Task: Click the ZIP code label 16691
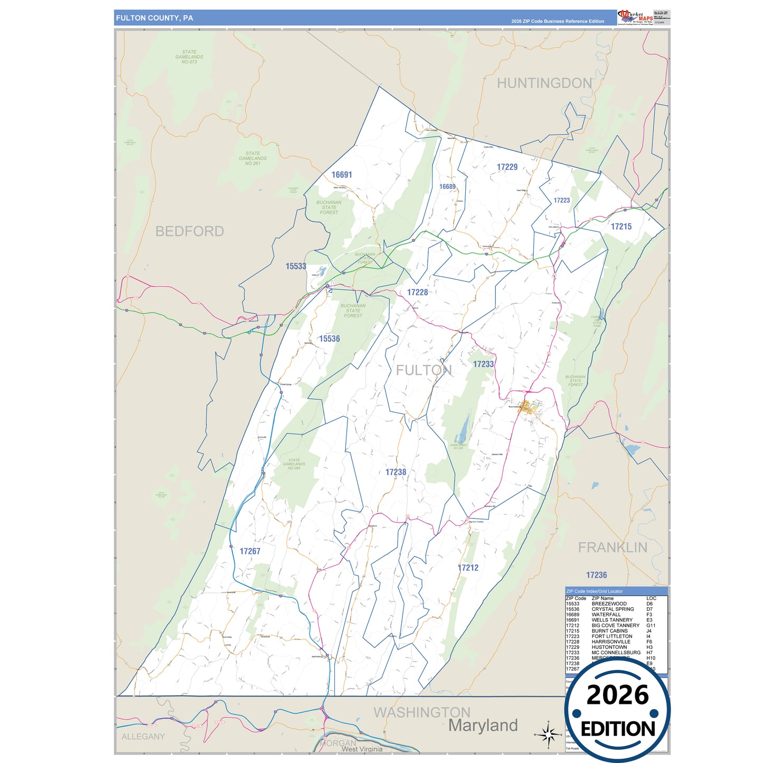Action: (342, 175)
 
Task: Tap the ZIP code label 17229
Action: (507, 167)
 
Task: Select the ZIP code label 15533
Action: (296, 266)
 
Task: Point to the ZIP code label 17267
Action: (250, 551)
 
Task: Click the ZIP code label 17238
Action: (395, 472)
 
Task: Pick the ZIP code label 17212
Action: (468, 568)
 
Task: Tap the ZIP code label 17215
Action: (621, 227)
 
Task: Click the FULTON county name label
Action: (424, 370)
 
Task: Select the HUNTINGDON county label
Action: (544, 83)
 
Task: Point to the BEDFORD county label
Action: (190, 231)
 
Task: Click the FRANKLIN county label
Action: (613, 548)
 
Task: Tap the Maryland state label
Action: (483, 726)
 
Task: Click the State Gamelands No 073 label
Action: (189, 57)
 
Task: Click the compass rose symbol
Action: (549, 734)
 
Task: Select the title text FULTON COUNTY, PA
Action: (155, 18)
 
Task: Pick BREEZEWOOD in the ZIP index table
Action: (609, 604)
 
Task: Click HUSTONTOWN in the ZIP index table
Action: (609, 647)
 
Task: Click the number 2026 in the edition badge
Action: (617, 695)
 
